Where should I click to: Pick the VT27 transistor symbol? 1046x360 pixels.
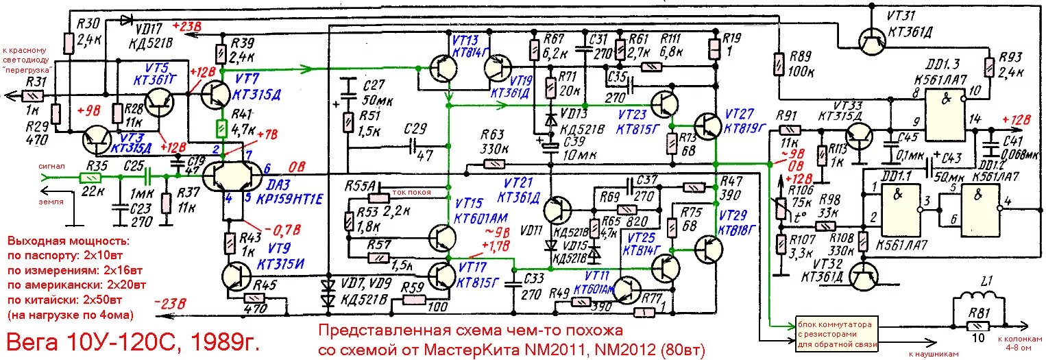(707, 125)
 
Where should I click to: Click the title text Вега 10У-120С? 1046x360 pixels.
(134, 341)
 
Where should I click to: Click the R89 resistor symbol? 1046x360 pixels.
(778, 65)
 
